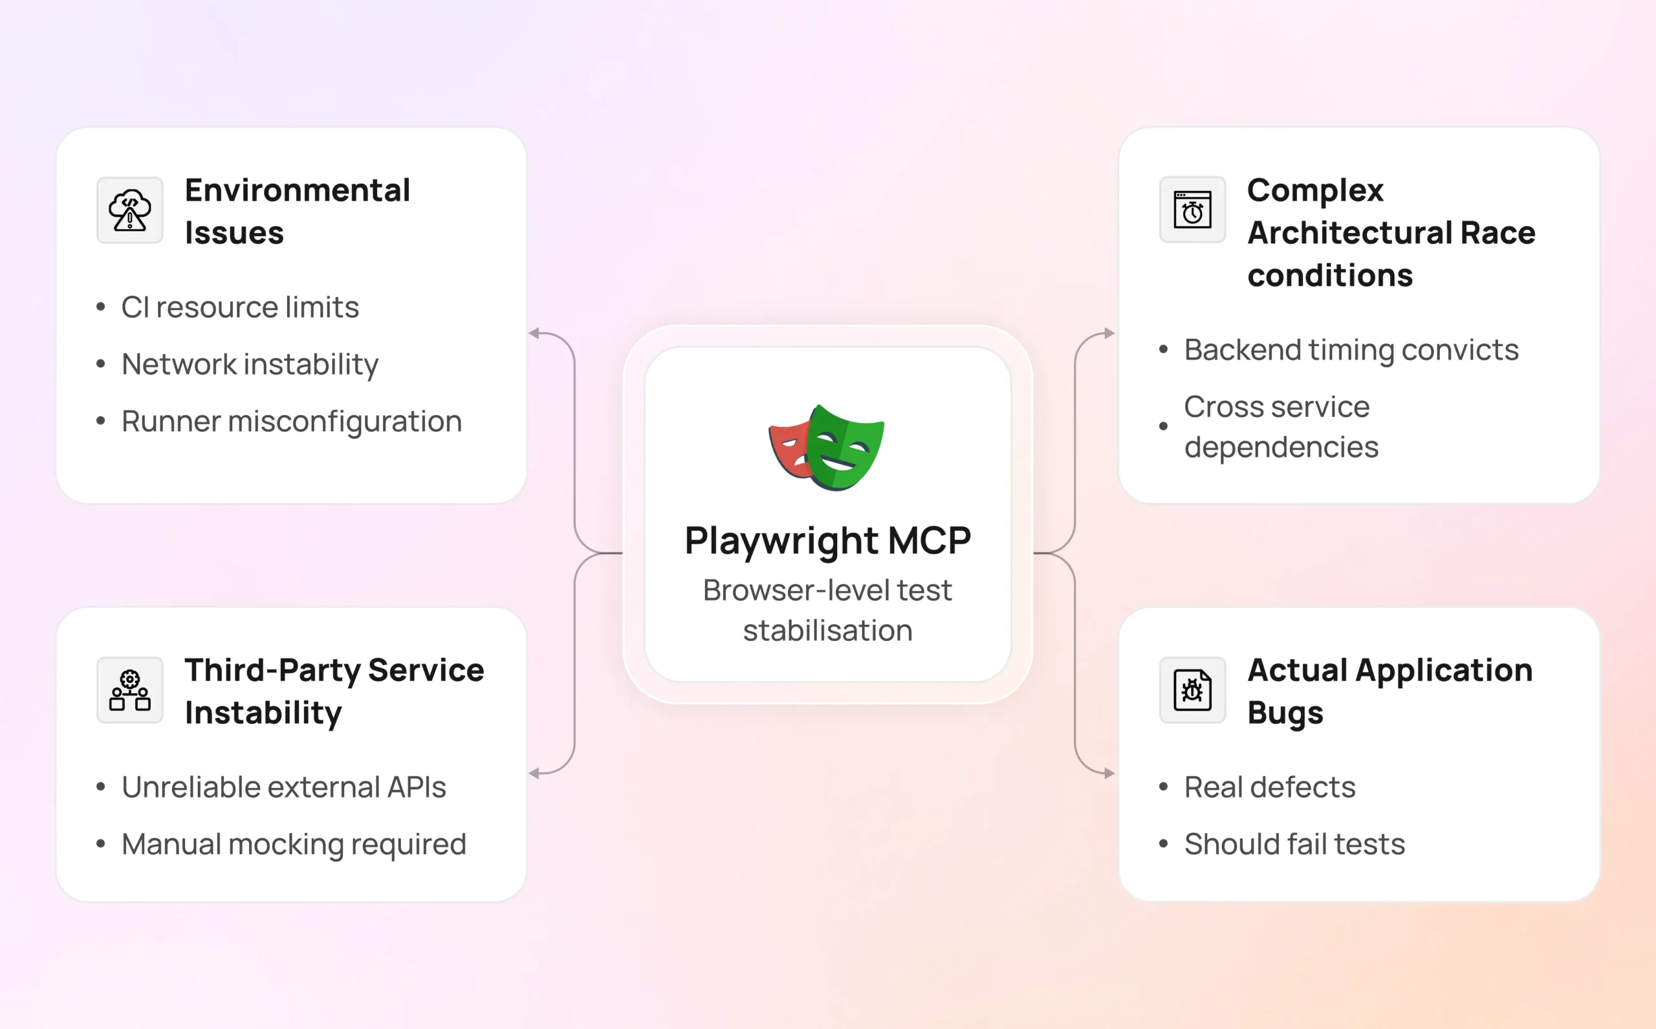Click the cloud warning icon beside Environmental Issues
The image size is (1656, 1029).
coord(129,210)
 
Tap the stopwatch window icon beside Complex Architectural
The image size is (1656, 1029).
coord(1192,210)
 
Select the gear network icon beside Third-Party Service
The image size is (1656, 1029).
coord(129,690)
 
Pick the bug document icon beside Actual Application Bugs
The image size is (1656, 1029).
coord(1192,690)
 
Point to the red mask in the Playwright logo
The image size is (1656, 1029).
coord(788,448)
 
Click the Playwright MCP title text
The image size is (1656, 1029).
coord(827,541)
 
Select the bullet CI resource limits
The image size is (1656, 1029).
coord(239,307)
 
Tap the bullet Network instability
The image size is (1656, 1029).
coord(250,364)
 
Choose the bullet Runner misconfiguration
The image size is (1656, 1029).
coord(291,421)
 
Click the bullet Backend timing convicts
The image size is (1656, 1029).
coord(1351,350)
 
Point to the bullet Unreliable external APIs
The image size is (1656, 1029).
coord(284,787)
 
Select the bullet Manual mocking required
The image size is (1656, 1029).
coord(293,845)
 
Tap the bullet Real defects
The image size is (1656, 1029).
coord(1269,787)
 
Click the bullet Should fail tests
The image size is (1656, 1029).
coord(1294,845)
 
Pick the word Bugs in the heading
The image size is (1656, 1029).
coord(1285,713)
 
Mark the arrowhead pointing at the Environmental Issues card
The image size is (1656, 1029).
coord(535,334)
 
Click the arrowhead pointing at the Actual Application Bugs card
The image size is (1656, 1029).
coord(1109,773)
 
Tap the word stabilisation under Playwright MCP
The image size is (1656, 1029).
coord(827,631)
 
